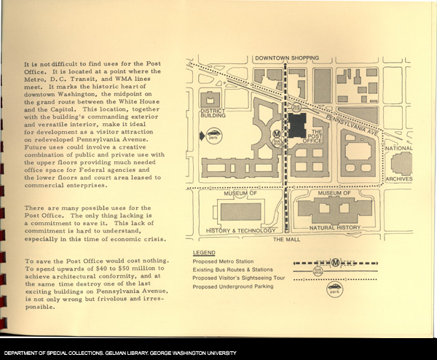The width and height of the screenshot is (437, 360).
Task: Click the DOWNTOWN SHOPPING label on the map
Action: point(286,58)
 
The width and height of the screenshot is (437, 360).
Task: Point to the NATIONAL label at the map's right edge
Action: point(399,149)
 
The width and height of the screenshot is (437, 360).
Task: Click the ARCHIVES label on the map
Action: point(399,179)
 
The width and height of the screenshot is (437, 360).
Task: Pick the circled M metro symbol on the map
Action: point(276,134)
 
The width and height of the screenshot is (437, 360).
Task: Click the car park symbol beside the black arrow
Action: point(214,136)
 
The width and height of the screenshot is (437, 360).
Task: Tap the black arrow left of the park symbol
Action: point(201,136)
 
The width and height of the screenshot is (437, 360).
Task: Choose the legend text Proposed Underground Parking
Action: point(234,287)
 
